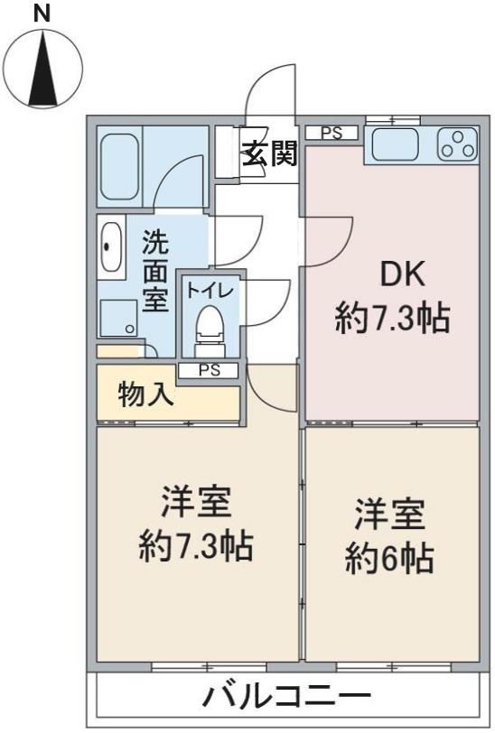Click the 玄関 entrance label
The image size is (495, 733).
coord(268,154)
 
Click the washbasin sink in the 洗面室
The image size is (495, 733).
coord(111,246)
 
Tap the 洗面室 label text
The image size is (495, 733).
coord(155,270)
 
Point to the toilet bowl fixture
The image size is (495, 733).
coord(209,329)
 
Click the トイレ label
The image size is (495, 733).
coord(210,291)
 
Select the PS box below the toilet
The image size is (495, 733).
coord(209,369)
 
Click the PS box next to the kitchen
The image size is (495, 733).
coord(332,133)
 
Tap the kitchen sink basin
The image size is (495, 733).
coord(394,144)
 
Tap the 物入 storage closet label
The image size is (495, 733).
coord(146,394)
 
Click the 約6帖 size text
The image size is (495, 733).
coord(390,559)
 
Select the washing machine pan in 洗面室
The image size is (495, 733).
coord(118,317)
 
